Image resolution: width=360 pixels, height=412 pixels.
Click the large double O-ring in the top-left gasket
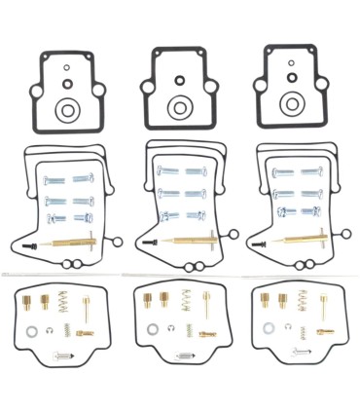pos(67,110)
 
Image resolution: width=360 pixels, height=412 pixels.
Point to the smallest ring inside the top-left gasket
pos(64,68)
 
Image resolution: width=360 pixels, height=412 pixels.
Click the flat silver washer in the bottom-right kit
pos(267,328)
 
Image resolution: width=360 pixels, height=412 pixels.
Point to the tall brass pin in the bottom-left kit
pos(87,310)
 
